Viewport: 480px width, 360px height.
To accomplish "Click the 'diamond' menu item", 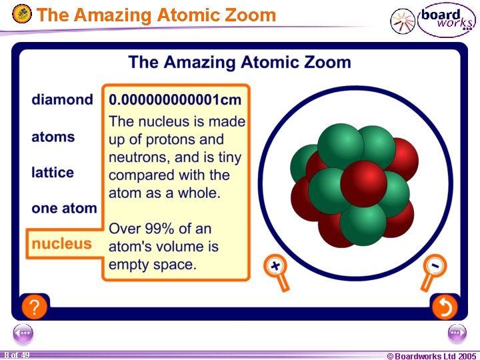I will tap(62, 100).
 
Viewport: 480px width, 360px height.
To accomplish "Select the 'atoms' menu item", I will tap(53, 137).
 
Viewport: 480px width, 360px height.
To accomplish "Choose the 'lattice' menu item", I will tap(53, 173).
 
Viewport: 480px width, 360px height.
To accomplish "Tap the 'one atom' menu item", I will tap(64, 208).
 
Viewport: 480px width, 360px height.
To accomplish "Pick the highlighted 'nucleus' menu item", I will tap(61, 243).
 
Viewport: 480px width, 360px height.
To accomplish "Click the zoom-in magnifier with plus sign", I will tap(275, 266).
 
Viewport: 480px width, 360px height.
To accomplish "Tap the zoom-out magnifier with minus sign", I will tap(434, 266).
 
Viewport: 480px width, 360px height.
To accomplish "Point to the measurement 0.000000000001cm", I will tap(175, 100).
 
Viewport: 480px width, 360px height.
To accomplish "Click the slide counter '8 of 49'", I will tap(16, 355).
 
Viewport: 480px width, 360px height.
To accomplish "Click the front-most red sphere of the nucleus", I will tap(363, 183).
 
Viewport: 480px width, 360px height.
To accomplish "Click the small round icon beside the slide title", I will tap(22, 13).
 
